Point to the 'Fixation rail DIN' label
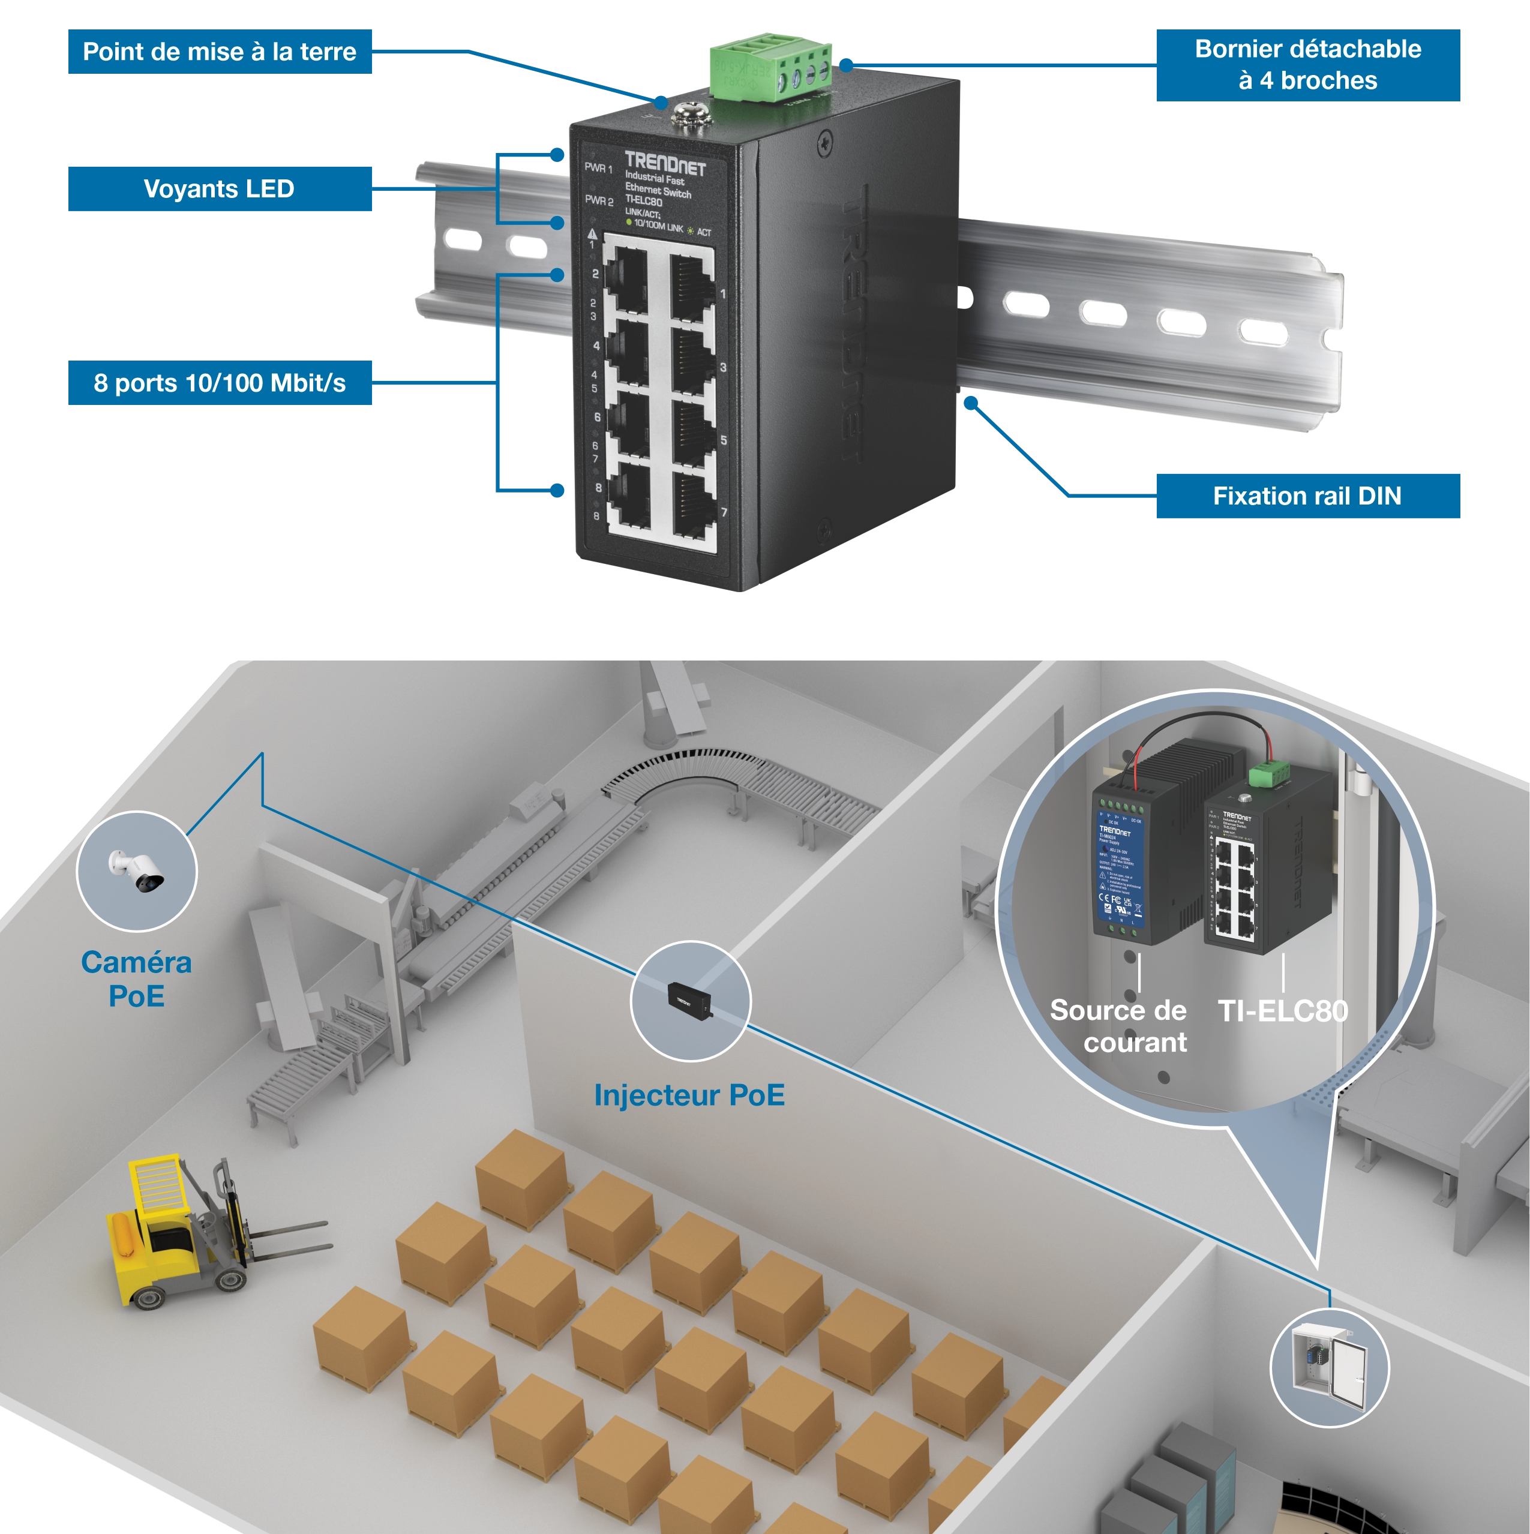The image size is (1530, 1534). coord(1307,496)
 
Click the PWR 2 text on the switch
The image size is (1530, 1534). coord(599,201)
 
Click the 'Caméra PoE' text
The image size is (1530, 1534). coord(137,978)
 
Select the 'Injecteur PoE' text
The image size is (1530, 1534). coord(689,1095)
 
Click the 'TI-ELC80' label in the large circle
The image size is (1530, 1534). coord(1282,1011)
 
